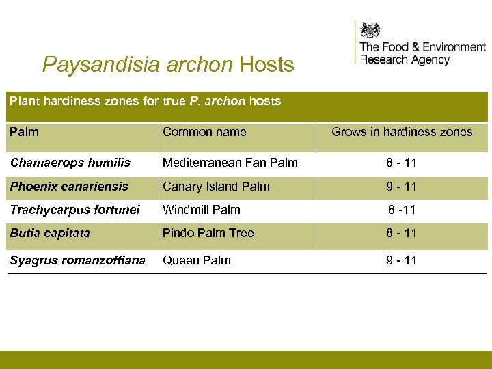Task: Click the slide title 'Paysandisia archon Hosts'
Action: (x=168, y=65)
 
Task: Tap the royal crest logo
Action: (x=370, y=30)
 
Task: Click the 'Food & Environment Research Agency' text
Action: (x=422, y=53)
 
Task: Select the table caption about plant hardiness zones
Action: (x=145, y=101)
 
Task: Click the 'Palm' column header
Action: (x=25, y=132)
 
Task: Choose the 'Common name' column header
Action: (x=204, y=132)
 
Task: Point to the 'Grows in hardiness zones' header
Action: (x=402, y=132)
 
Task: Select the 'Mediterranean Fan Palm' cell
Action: (x=230, y=163)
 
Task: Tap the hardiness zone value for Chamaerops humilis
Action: (x=402, y=163)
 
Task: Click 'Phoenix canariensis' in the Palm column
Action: (x=69, y=187)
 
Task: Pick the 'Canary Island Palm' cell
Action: (x=216, y=187)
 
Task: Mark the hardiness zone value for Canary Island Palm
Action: (x=402, y=187)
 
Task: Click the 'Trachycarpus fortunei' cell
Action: (x=74, y=210)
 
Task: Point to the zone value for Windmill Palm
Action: (x=402, y=210)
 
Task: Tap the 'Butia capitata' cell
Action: (x=50, y=233)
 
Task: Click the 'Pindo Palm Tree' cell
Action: (x=208, y=233)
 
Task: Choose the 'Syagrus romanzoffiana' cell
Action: (x=77, y=260)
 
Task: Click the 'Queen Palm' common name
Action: (x=196, y=260)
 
